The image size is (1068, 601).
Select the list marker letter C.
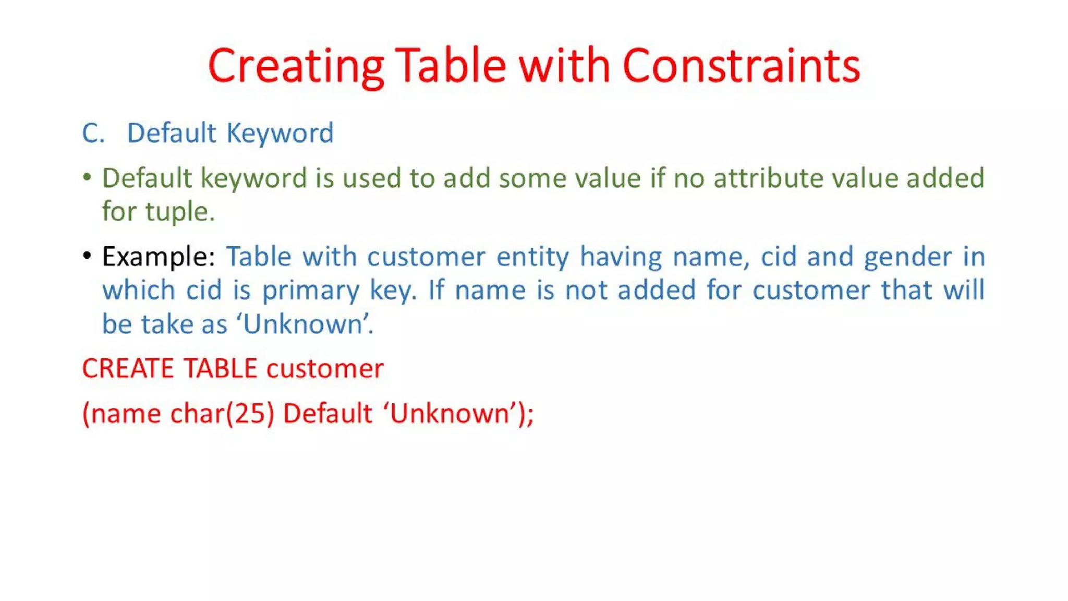pyautogui.click(x=93, y=134)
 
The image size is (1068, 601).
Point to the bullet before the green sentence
pyautogui.click(x=87, y=178)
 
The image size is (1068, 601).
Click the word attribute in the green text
pyautogui.click(x=768, y=178)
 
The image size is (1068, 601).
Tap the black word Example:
pyautogui.click(x=159, y=257)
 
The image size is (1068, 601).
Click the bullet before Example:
pyautogui.click(x=87, y=256)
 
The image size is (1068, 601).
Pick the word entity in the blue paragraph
pyautogui.click(x=532, y=257)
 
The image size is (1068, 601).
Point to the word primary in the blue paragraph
pyautogui.click(x=310, y=291)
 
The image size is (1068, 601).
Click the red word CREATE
pyautogui.click(x=128, y=369)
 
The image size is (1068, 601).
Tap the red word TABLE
pyautogui.click(x=220, y=369)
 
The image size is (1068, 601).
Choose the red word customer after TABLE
pyautogui.click(x=325, y=369)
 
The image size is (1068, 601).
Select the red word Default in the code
pyautogui.click(x=327, y=414)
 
